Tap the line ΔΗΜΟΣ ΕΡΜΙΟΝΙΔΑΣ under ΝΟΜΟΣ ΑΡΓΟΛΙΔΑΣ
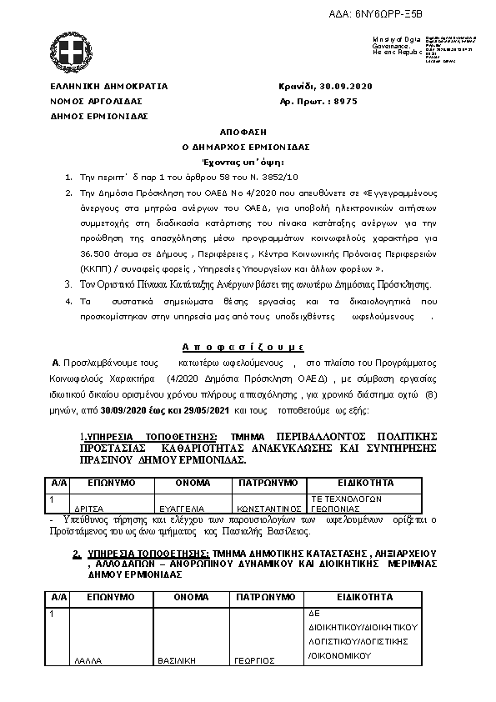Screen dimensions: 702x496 (x=99, y=116)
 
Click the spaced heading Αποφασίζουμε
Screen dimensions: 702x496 (x=243, y=346)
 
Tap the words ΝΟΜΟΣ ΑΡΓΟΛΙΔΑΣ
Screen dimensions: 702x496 (x=99, y=101)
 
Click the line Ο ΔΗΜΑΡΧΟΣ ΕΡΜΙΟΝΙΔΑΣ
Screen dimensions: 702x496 (x=240, y=146)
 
